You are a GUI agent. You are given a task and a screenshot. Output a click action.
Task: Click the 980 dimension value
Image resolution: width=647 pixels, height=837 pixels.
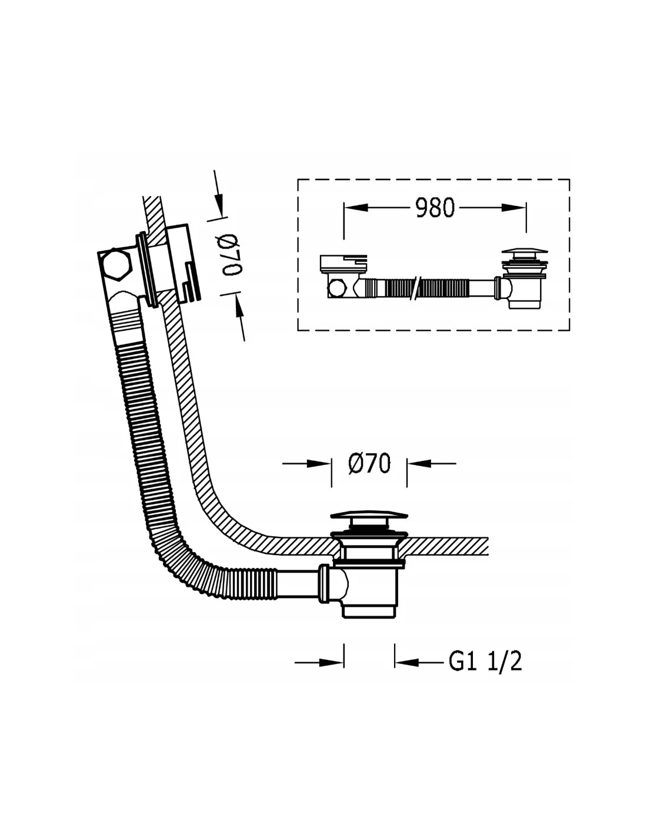[435, 208]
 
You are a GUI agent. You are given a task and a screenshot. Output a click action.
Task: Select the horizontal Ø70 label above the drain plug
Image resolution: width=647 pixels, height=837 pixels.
[369, 463]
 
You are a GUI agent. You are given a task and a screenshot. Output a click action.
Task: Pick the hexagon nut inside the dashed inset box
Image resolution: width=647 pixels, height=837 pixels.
[337, 288]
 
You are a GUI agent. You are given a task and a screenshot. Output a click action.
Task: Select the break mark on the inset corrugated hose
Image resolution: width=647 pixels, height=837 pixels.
[417, 288]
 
